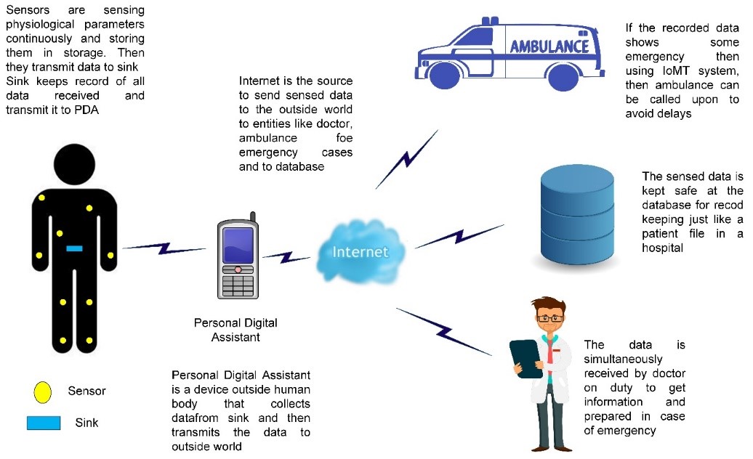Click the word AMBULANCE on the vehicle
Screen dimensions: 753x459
point(549,46)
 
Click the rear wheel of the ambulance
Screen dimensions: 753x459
point(563,76)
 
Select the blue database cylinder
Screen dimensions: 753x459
point(577,214)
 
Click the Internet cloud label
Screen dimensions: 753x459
point(361,252)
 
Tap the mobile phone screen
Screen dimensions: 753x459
point(238,245)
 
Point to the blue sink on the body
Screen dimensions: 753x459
point(74,248)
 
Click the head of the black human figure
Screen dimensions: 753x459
point(74,164)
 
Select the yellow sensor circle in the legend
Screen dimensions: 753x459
point(42,392)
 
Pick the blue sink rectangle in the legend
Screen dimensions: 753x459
point(44,423)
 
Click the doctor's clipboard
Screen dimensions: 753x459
point(526,359)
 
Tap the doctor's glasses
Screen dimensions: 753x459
point(550,318)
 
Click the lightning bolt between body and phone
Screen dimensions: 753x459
point(164,248)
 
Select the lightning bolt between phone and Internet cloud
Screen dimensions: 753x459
point(286,257)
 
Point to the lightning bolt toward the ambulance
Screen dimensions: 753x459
point(407,159)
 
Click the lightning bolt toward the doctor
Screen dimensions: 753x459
point(444,331)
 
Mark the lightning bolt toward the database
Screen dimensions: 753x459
point(459,236)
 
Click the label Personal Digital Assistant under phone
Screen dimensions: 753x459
point(235,330)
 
